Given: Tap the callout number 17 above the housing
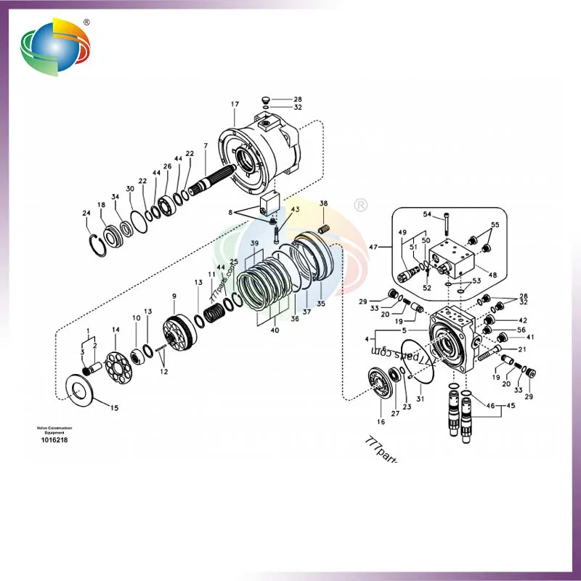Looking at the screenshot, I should pos(235,105).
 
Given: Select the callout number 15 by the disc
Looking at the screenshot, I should pos(114,408).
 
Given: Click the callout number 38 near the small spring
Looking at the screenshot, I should pos(323,203).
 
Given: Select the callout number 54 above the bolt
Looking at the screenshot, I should pos(428,214).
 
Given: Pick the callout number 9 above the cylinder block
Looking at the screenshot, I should pos(174,296).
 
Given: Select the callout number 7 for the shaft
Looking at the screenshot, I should pos(206,146).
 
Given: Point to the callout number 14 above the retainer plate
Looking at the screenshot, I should pos(115,330).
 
